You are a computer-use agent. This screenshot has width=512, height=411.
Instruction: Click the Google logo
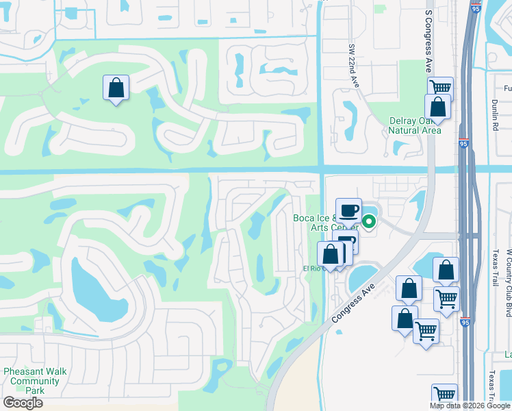(23, 403)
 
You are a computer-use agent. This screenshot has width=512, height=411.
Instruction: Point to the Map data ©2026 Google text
(470, 406)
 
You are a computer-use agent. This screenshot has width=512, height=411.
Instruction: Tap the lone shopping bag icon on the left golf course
(116, 88)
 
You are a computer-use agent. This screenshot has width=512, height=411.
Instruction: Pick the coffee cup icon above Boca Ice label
(348, 211)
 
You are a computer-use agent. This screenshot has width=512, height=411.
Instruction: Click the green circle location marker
(369, 221)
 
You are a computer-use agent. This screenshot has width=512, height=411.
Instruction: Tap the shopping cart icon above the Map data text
(444, 394)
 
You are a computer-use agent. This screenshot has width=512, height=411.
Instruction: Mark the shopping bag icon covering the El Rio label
(331, 254)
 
